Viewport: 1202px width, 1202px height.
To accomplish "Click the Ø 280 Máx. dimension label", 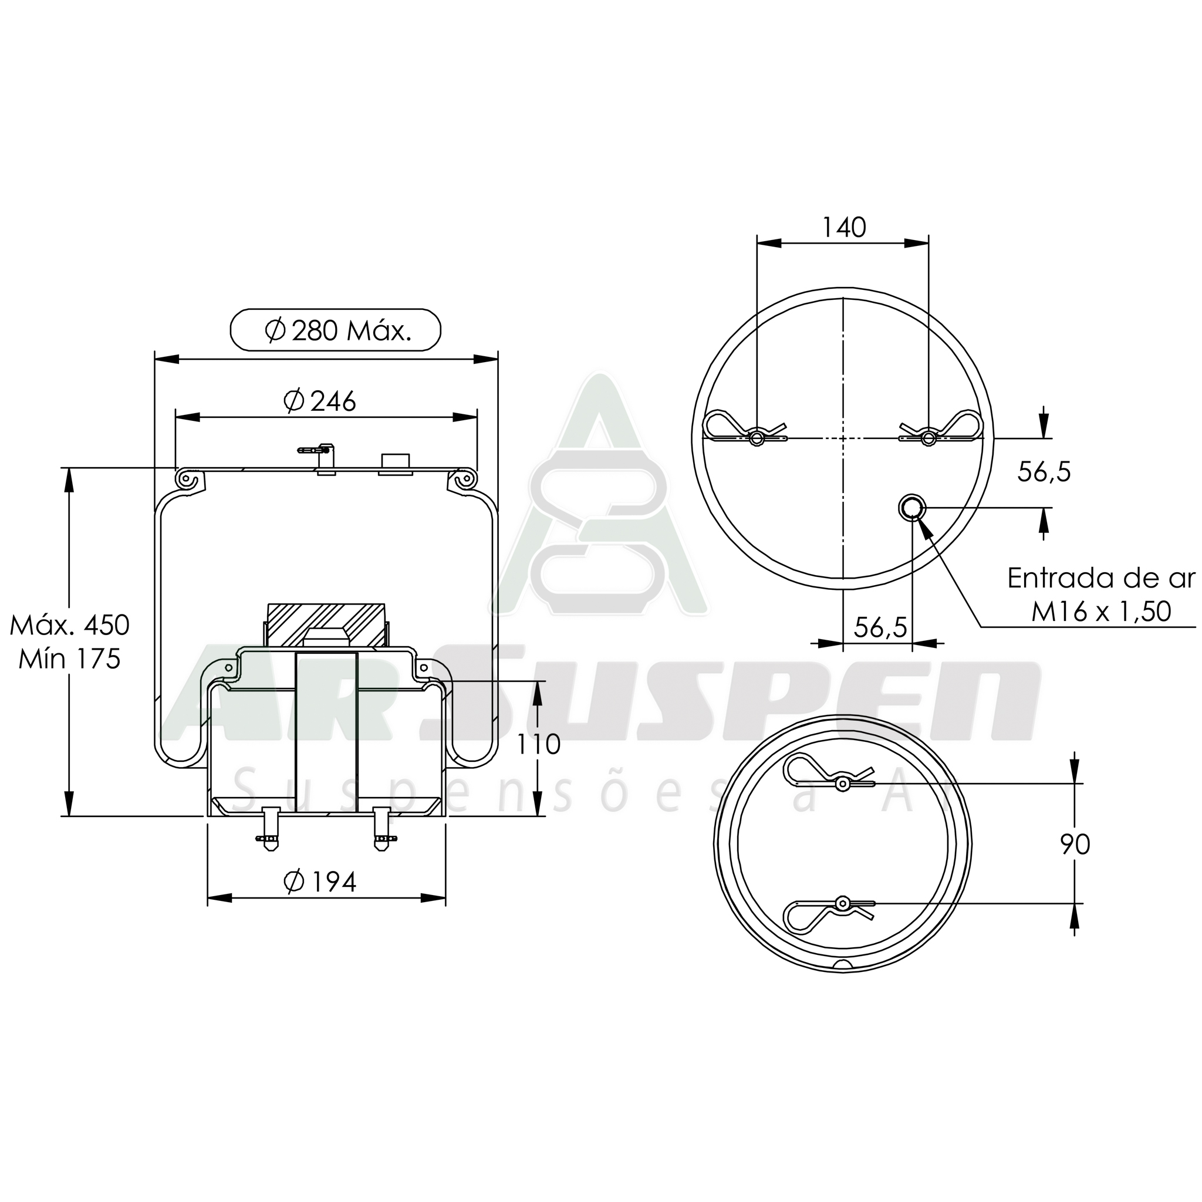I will pos(336,331).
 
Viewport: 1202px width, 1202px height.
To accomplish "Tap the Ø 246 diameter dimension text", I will pos(320,402).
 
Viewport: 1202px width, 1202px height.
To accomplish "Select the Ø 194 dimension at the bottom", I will pos(320,882).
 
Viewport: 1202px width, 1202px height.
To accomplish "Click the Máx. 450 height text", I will pos(70,625).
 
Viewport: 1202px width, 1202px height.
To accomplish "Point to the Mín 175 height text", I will pos(70,659).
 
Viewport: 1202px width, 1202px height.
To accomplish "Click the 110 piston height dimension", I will pos(538,744).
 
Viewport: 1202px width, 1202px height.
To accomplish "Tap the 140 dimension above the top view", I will pos(843,228).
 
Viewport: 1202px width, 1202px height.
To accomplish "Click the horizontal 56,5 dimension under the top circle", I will pos(880,628).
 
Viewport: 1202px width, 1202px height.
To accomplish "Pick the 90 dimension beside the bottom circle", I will pos(1075,845).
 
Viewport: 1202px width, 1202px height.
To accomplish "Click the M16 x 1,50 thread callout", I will pos(1101,612).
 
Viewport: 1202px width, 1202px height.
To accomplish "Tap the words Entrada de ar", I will pos(1101,579).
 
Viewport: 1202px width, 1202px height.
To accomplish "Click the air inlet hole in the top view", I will pos(912,508).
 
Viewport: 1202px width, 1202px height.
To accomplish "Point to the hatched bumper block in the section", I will pos(325,624).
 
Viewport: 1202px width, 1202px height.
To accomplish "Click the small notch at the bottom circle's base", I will pos(843,965).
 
